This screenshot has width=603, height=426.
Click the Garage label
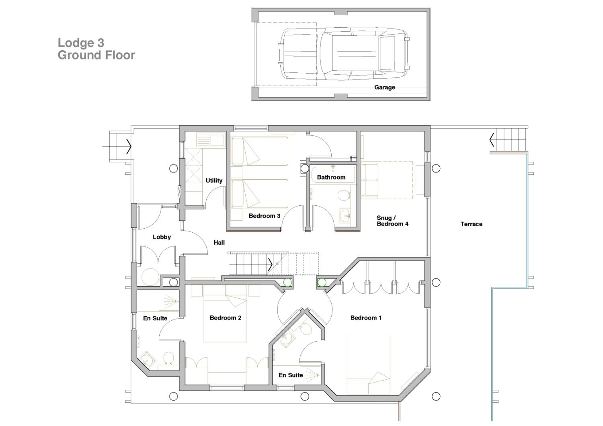[384, 87]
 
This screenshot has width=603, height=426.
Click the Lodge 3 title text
[81, 43]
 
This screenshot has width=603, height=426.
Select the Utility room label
[214, 180]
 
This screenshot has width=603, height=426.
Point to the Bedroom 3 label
[264, 216]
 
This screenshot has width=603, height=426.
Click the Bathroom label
[331, 177]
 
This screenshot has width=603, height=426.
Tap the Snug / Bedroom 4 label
[392, 221]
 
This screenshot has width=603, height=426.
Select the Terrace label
[471, 224]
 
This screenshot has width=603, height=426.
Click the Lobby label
[162, 237]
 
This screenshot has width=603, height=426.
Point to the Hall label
[219, 242]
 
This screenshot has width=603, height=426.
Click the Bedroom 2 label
[226, 318]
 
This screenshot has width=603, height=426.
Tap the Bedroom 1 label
[366, 318]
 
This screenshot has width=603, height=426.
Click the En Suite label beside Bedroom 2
[155, 318]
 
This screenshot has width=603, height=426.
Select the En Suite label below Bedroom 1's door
[291, 375]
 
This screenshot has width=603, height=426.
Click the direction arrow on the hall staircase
[270, 264]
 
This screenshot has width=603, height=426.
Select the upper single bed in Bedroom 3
[260, 151]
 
